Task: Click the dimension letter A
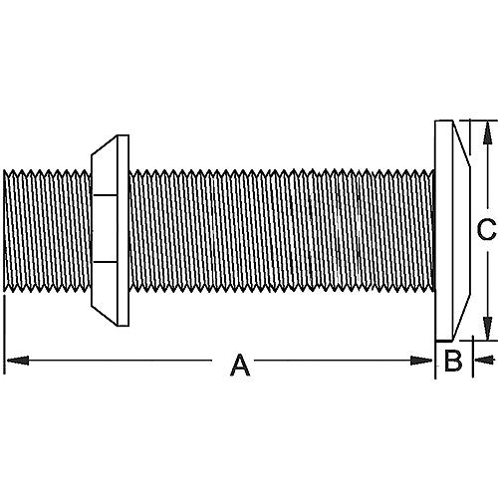[239, 366]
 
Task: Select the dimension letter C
[484, 230]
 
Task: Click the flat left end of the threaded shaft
[6, 231]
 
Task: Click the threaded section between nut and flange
[279, 231]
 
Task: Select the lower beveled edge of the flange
[456, 324]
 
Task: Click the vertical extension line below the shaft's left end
[5, 334]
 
